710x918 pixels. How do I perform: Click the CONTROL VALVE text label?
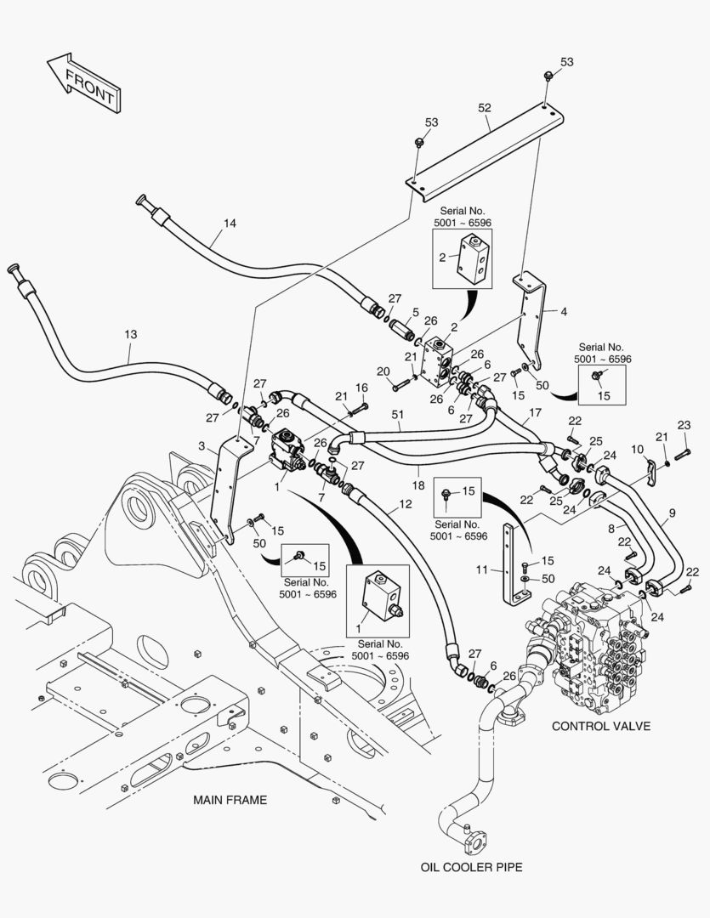coord(601,726)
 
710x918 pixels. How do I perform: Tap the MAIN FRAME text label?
coord(230,800)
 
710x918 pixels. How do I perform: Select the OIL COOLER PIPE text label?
coord(471,867)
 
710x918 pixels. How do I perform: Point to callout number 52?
coord(485,108)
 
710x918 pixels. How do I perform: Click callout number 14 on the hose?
coord(230,224)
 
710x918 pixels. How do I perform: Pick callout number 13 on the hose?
coord(130,335)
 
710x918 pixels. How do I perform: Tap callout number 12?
coord(405,504)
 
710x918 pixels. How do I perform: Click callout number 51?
coord(396,414)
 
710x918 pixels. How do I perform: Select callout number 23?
coord(684,425)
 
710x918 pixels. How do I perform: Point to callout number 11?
coord(482,569)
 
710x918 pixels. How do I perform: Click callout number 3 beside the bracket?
coord(202,446)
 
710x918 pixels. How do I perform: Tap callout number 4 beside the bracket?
coord(562,311)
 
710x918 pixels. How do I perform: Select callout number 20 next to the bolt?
coord(383,371)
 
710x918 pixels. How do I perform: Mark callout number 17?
coord(534,413)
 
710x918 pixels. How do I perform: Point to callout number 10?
coord(638,449)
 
